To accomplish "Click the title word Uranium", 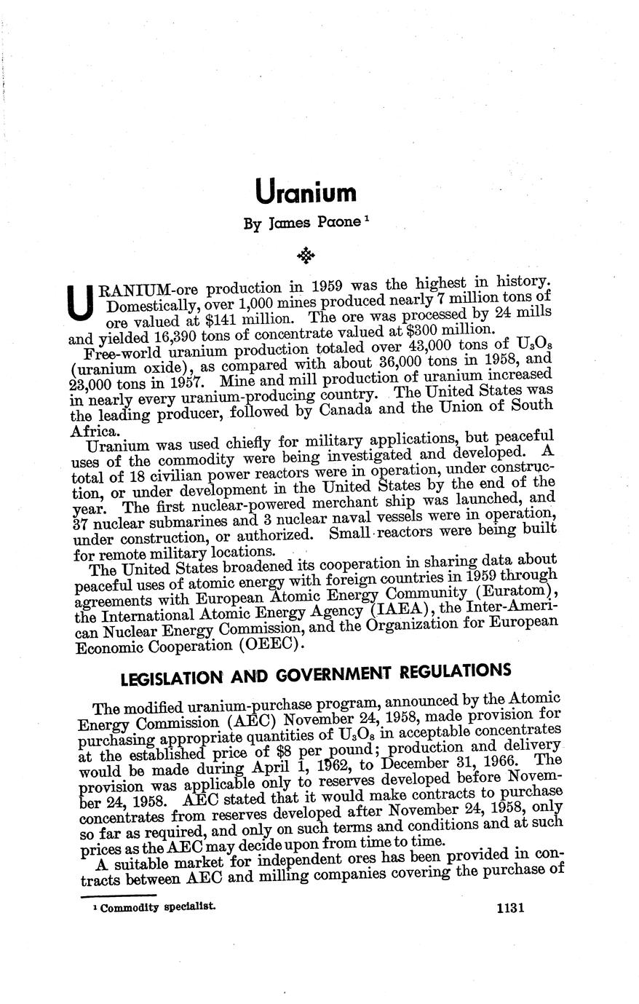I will (306, 193).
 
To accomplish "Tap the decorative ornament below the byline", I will (306, 255).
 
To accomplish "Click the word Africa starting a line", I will (94, 432).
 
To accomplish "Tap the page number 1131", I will (509, 909).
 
